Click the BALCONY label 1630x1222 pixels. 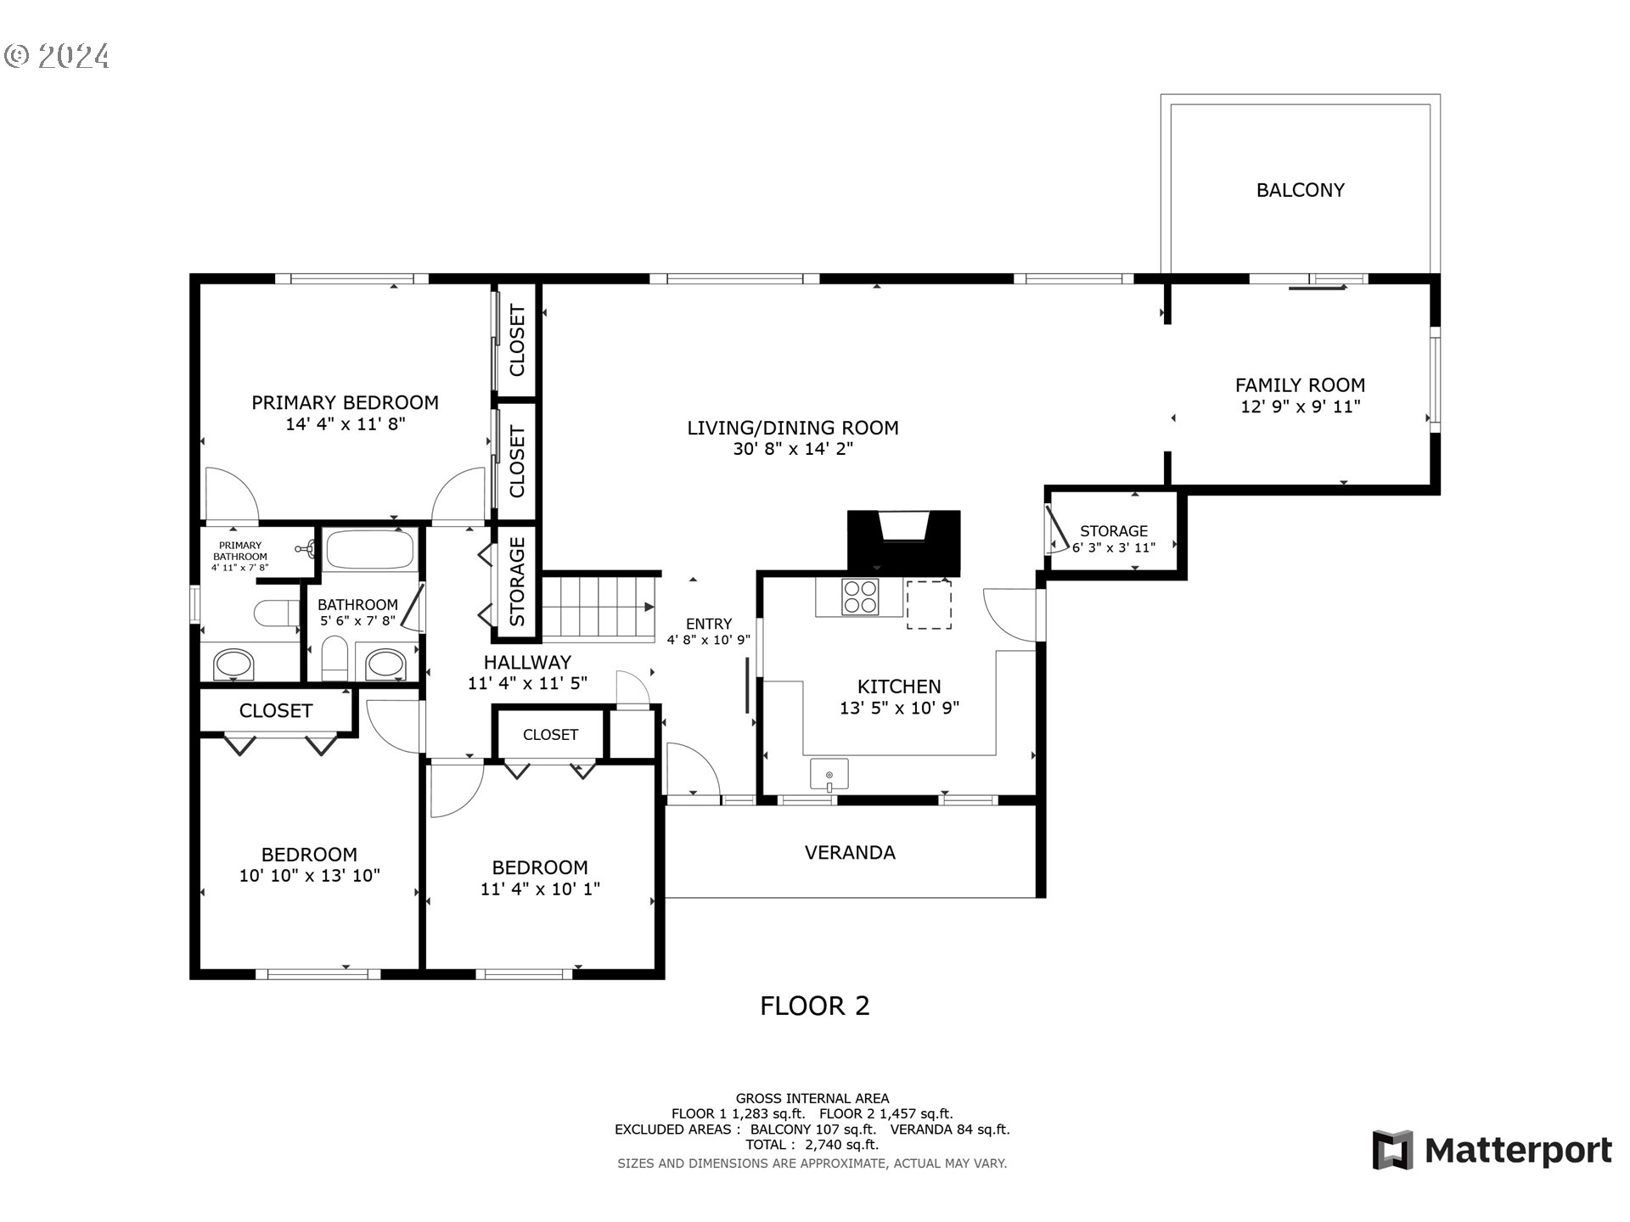point(1300,190)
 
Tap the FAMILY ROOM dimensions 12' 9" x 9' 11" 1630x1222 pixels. point(1300,406)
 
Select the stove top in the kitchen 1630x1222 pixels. point(860,596)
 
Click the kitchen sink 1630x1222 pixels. point(829,776)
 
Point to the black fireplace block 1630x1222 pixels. point(903,542)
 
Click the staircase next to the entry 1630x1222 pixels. point(599,606)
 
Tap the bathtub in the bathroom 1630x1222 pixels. point(370,550)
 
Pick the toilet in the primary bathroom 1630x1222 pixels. point(277,613)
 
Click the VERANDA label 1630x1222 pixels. point(850,853)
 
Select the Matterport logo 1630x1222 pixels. point(1492,1151)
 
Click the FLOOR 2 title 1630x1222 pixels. point(814,1006)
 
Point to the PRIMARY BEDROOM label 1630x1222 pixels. point(345,402)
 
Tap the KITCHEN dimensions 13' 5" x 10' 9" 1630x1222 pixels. point(899,708)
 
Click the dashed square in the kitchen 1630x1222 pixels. point(929,604)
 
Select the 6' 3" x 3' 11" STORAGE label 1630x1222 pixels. point(1114,540)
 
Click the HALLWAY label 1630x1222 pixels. point(527,663)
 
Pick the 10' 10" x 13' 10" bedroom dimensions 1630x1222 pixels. point(309,876)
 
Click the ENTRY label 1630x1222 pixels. point(709,624)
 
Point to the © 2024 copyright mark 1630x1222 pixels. point(57,56)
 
